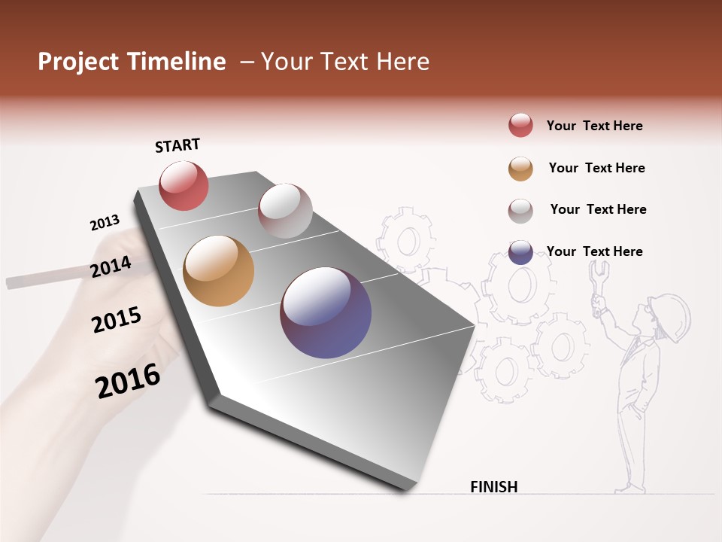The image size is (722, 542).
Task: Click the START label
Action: point(177,145)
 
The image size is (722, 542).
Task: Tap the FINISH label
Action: point(493,487)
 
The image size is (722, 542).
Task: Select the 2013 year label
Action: point(105,223)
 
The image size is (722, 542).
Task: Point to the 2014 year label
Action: point(111,267)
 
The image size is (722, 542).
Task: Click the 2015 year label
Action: point(117,320)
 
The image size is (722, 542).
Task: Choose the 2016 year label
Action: point(128,381)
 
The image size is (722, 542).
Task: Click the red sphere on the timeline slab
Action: point(184,185)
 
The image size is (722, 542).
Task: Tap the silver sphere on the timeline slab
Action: point(285,210)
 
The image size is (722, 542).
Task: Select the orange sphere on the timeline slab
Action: point(219,271)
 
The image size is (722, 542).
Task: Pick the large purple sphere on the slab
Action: point(326,312)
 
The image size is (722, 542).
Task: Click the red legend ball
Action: point(520,125)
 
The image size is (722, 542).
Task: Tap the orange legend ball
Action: point(520,168)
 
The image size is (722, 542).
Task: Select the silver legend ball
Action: point(520,210)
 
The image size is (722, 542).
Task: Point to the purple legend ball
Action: point(520,252)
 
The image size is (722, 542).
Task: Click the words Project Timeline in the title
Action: point(132,62)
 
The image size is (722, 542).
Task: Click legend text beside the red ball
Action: point(594,126)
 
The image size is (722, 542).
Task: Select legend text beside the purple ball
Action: point(594,251)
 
